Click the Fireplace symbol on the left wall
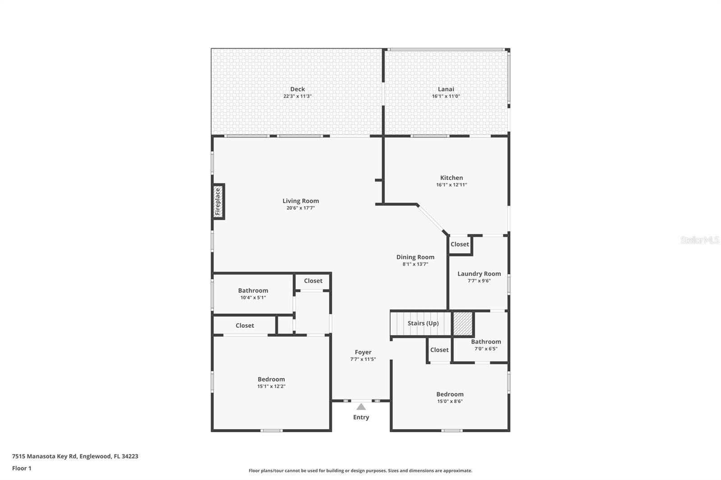coord(219,202)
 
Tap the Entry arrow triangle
coord(361,407)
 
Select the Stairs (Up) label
coord(423,323)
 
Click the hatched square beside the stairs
coord(463,323)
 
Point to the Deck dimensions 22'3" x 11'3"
coord(297,96)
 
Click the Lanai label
coord(446,89)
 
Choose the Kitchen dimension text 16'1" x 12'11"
coord(452,185)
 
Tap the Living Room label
coord(301,201)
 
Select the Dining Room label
coord(415,257)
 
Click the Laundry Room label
coord(479,274)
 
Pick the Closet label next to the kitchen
coord(460,244)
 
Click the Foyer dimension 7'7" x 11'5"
coord(363,359)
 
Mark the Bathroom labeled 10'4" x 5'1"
coord(253,291)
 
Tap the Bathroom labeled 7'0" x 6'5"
coord(486,342)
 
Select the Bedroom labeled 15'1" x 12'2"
coord(271,379)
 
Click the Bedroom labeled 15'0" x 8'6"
coord(450,394)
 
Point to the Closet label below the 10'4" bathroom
coord(245,326)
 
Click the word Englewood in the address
coord(95,456)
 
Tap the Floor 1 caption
coord(22,468)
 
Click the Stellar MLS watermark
coord(699,240)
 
